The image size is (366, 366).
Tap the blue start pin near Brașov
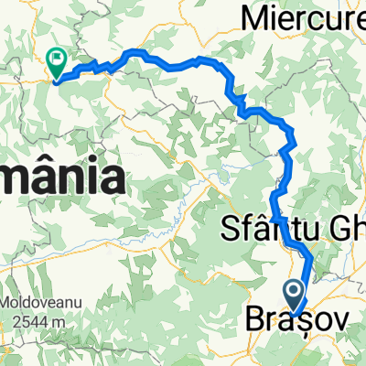(x=296, y=293)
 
